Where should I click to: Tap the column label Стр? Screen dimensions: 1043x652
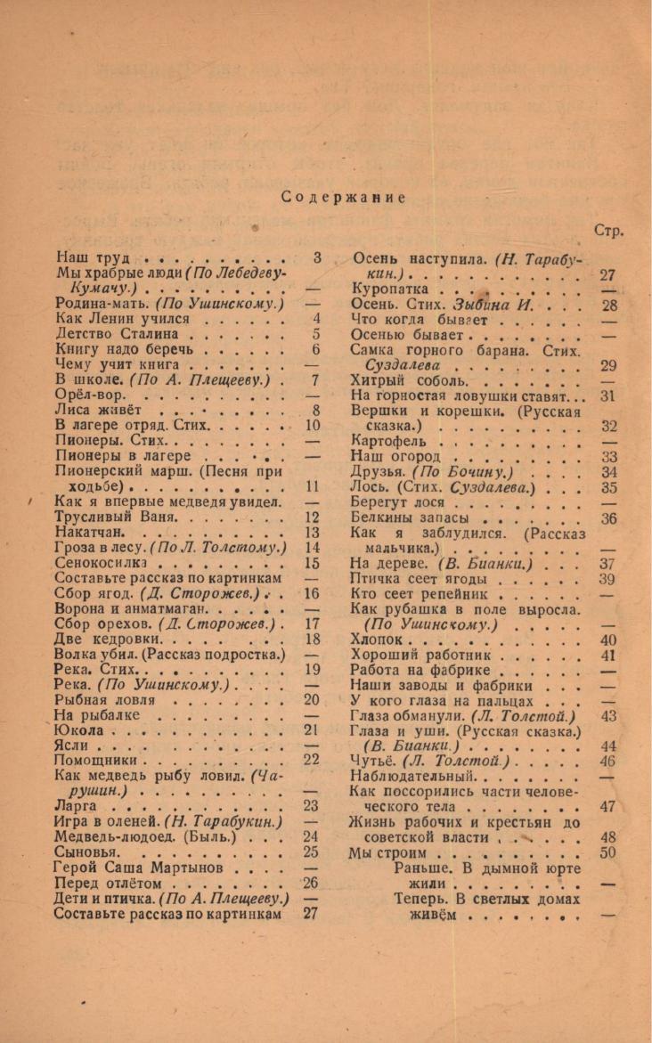tap(608, 230)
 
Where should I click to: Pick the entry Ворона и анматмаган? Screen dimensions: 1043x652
tap(131, 609)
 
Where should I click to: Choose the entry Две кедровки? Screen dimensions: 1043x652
tap(108, 639)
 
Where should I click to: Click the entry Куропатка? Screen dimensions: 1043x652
tap(391, 289)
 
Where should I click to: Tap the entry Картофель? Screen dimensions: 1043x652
tap(389, 441)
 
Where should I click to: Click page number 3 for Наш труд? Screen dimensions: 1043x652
tap(316, 258)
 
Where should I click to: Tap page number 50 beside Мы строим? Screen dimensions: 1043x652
tap(609, 852)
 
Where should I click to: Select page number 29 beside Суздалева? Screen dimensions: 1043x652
tap(609, 365)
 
